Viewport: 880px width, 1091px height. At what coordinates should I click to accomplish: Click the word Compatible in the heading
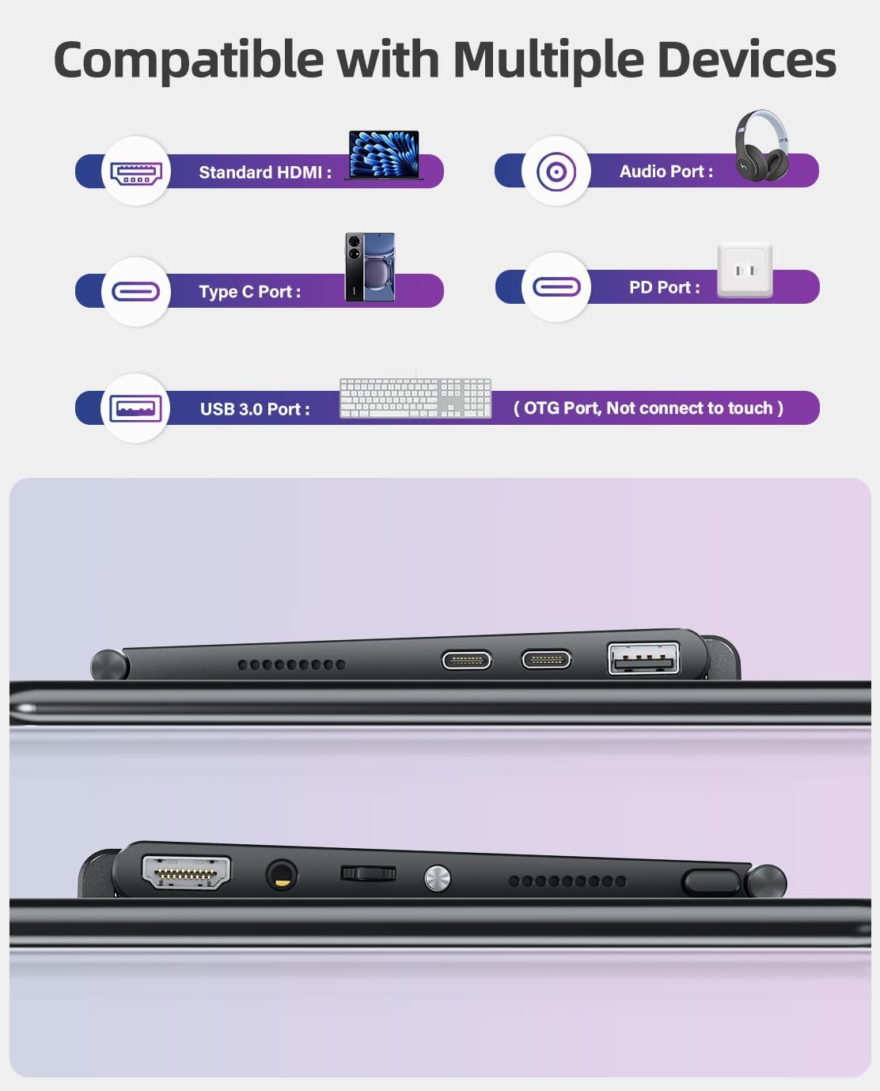tap(188, 61)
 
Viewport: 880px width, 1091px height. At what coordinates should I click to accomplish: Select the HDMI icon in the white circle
tap(136, 172)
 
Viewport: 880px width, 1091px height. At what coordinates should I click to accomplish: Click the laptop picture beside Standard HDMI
tap(384, 154)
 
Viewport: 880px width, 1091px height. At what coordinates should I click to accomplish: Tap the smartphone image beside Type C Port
tap(370, 267)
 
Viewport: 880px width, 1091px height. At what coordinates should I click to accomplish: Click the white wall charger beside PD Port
tap(745, 271)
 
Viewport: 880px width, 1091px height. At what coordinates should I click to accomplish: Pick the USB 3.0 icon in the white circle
tap(136, 408)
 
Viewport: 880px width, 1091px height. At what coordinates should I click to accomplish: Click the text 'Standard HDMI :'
tap(265, 172)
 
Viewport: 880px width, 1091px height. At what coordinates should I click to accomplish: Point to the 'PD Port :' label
tap(665, 287)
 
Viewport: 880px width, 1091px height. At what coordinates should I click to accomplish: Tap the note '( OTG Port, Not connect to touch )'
tap(649, 408)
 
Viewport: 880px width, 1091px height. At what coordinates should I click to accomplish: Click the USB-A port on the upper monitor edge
tap(643, 658)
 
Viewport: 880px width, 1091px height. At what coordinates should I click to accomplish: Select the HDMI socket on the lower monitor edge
tap(186, 872)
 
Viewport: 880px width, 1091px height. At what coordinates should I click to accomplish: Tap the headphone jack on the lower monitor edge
tap(282, 876)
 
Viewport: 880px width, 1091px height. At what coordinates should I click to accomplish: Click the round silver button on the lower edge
tap(437, 879)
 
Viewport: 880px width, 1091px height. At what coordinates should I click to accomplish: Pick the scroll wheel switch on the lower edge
tap(368, 873)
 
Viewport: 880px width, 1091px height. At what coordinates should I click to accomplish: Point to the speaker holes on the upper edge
tap(292, 664)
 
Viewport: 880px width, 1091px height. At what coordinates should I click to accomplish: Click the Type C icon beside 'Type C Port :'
tap(136, 291)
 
